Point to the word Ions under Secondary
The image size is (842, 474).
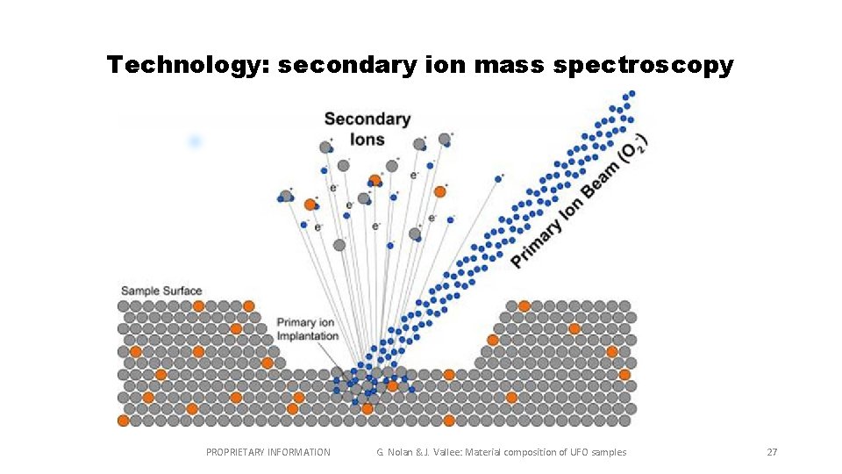pos(367,140)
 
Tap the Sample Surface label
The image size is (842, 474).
pos(161,291)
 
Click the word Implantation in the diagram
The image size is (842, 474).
pos(307,336)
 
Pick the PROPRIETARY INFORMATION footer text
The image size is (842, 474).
pos(268,452)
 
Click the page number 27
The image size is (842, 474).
pos(772,452)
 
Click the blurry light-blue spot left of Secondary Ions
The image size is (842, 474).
pos(195,140)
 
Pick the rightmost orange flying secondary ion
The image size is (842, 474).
pos(440,191)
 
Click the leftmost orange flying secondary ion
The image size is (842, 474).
pos(310,205)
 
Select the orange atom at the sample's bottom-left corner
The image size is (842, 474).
pos(123,420)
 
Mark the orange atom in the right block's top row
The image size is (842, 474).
pos(524,306)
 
